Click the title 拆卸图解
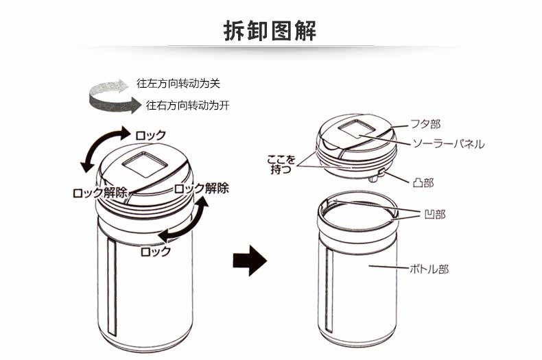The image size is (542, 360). [x=270, y=30]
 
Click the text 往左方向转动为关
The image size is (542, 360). [x=178, y=84]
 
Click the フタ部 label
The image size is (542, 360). [x=425, y=124]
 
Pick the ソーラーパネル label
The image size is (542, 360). [x=448, y=144]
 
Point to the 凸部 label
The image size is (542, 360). [x=424, y=183]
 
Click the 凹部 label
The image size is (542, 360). [x=435, y=215]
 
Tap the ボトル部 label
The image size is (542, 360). [x=429, y=269]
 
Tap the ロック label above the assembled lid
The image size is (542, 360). [x=150, y=135]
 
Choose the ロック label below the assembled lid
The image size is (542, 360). [x=155, y=251]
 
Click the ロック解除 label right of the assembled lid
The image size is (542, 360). [x=201, y=188]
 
